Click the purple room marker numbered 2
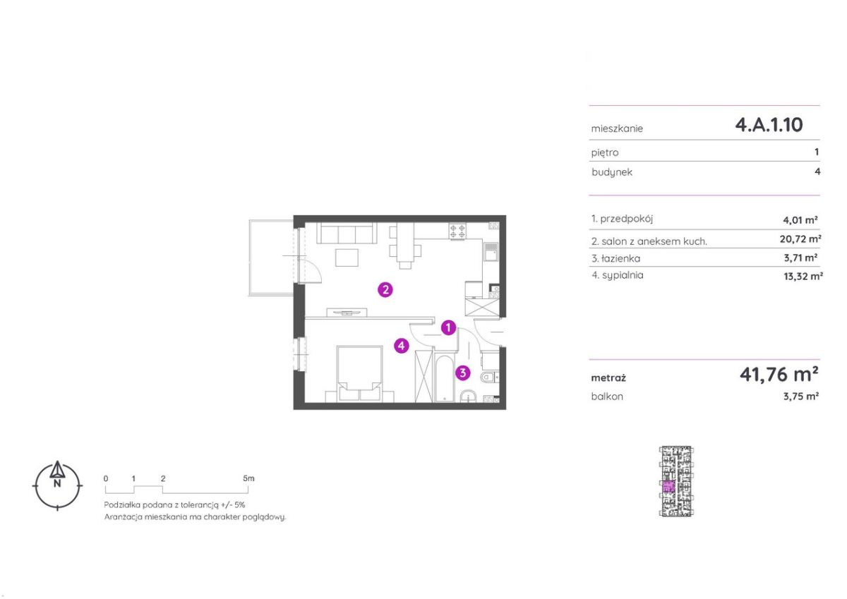click(x=385, y=290)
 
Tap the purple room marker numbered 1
click(x=448, y=327)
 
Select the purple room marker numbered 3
click(x=463, y=373)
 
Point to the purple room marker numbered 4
click(x=401, y=346)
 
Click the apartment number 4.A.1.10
click(x=769, y=125)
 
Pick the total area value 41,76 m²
click(x=779, y=374)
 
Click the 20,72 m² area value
click(x=800, y=239)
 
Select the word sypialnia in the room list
click(x=623, y=275)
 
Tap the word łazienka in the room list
click(x=621, y=258)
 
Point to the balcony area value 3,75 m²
click(x=801, y=397)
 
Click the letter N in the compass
click(x=57, y=483)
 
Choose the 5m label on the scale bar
click(x=248, y=478)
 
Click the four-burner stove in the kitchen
click(x=457, y=231)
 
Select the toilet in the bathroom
click(x=489, y=377)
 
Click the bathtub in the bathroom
click(x=444, y=377)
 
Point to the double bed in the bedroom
click(x=359, y=373)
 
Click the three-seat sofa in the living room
click(x=347, y=233)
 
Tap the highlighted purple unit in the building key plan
click(x=668, y=486)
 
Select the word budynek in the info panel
click(x=612, y=172)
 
